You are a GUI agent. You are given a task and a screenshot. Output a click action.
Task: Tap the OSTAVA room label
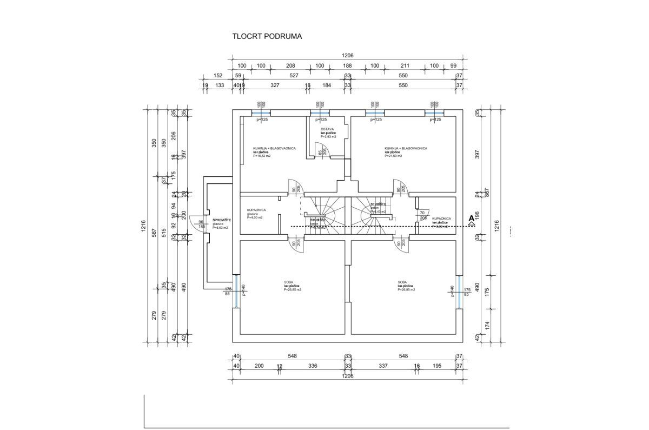coord(327,129)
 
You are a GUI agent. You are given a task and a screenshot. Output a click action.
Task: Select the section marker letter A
coord(471,218)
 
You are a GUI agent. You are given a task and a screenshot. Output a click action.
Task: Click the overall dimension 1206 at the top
coord(347,56)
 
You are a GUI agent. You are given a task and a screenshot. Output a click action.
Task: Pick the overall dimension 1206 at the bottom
coord(347,376)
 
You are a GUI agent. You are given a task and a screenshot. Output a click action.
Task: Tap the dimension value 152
coord(218,76)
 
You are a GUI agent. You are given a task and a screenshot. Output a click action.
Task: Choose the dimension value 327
coord(275,85)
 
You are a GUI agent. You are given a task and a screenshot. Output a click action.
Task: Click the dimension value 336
coord(313,366)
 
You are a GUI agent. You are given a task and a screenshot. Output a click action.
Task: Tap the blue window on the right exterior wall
coord(460,292)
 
